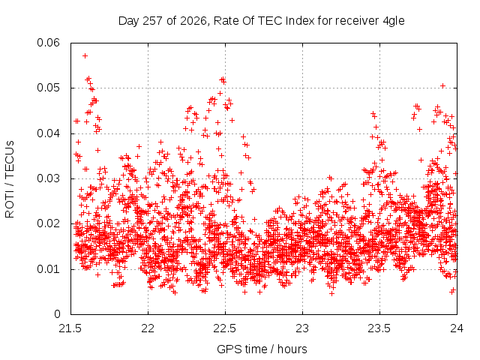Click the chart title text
click(262, 21)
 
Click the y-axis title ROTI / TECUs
click(10, 179)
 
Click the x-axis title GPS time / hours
click(262, 349)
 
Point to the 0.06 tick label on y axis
click(48, 43)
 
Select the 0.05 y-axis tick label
click(48, 88)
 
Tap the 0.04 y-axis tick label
click(48, 133)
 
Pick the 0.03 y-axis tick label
click(48, 178)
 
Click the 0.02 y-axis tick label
click(48, 223)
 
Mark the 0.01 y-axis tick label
click(48, 269)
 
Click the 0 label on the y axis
click(57, 314)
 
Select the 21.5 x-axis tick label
click(70, 328)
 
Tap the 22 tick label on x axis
click(148, 328)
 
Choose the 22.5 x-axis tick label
click(225, 328)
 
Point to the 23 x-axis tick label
click(302, 328)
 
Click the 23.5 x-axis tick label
click(379, 328)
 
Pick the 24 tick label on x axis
click(457, 328)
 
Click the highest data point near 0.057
click(85, 55)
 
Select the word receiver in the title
click(357, 21)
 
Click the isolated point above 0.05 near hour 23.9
click(442, 85)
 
